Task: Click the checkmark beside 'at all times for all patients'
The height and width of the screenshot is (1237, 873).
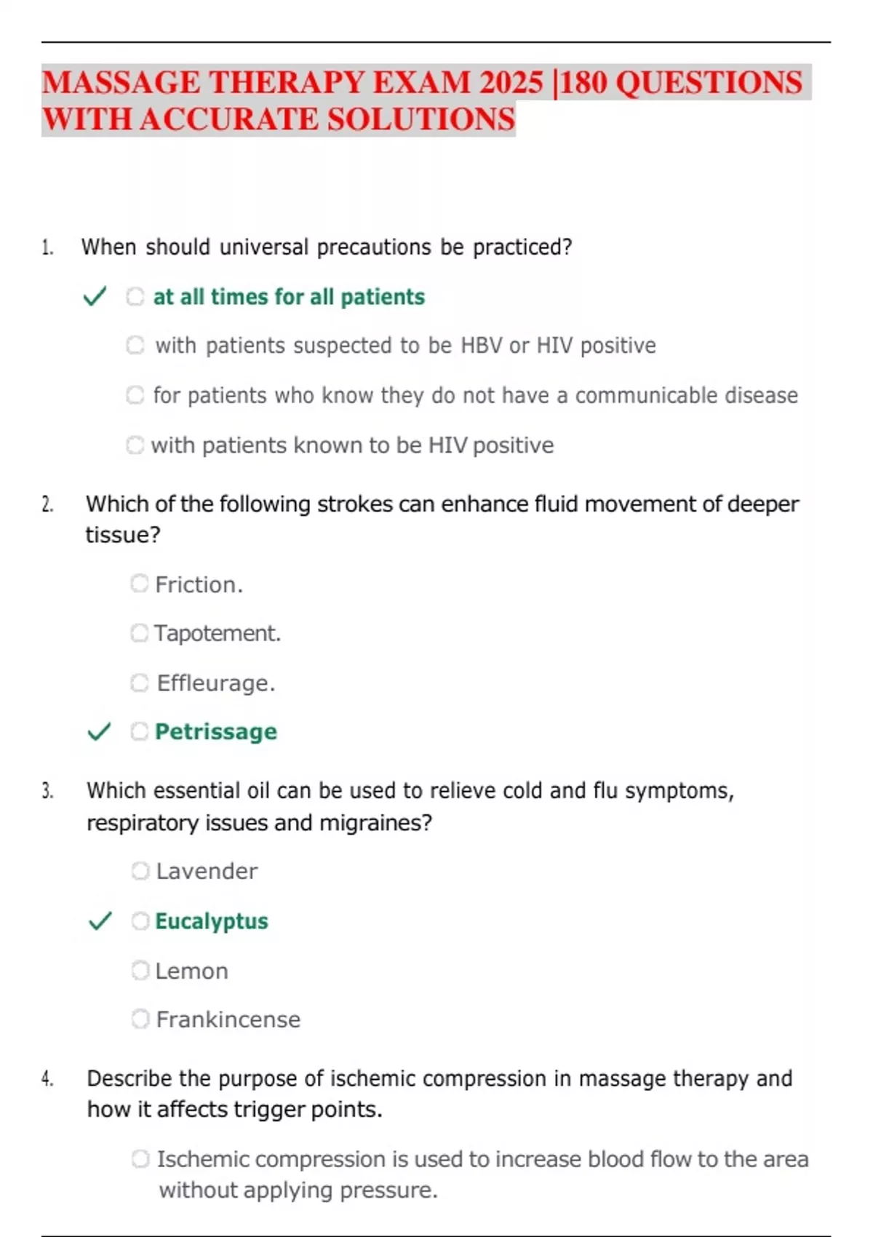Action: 95,297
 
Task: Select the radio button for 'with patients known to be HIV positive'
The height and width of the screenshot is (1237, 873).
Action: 135,445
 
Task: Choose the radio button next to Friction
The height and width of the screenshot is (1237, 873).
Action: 140,584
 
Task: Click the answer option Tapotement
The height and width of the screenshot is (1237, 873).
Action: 217,633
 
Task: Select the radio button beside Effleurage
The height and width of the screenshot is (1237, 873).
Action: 140,683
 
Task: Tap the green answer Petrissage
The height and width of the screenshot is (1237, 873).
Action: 216,731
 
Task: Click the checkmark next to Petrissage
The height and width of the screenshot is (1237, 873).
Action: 99,731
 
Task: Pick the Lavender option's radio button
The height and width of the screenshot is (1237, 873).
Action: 140,870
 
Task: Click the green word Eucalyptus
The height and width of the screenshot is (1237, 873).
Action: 212,921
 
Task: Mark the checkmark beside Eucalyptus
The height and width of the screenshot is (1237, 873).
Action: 100,921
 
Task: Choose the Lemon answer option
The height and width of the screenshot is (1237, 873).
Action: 191,971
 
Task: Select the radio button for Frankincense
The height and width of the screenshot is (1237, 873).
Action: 140,1019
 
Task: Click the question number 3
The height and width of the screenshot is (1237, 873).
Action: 47,791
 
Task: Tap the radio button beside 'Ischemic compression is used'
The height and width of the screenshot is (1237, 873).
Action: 140,1158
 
